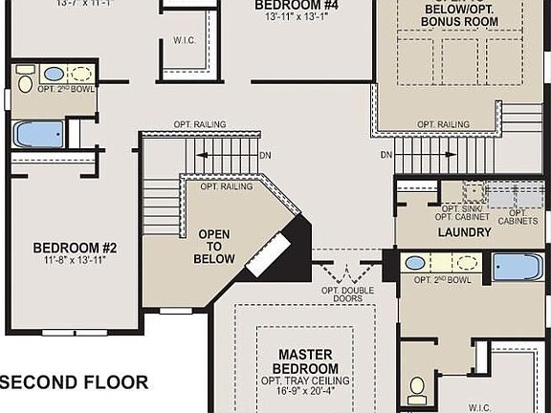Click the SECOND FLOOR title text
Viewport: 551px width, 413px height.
tap(75, 382)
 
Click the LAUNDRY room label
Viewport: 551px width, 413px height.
tap(465, 232)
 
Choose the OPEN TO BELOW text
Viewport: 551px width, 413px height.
tap(215, 246)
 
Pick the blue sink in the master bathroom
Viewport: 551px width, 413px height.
tap(416, 262)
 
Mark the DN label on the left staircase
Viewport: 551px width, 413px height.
tap(265, 154)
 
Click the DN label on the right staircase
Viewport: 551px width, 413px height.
tap(386, 154)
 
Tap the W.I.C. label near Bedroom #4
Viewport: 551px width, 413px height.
tap(186, 40)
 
